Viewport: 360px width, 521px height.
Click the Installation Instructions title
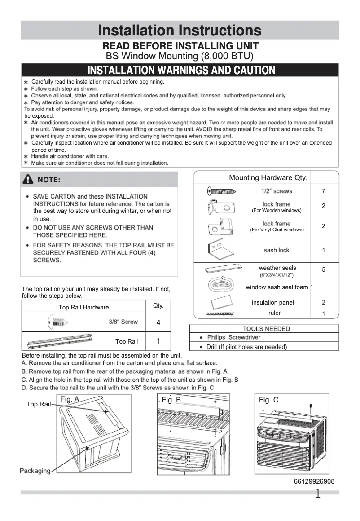[180, 31]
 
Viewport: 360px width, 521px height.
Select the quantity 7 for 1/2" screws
[324, 191]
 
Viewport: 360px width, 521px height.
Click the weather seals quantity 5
[324, 270]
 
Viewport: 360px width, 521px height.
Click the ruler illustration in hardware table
[220, 313]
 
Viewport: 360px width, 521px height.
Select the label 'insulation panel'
[272, 303]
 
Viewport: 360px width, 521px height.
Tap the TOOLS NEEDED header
[266, 329]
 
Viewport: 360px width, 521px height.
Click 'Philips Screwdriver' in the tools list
[233, 337]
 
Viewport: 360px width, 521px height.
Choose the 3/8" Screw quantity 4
[158, 323]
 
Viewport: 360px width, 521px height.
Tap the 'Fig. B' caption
[171, 400]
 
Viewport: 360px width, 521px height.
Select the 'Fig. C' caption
[268, 400]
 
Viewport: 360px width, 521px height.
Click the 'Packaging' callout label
[35, 471]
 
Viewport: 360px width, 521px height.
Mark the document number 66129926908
[314, 481]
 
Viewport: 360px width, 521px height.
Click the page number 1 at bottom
[318, 495]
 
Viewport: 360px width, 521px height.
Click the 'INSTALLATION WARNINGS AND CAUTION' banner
[181, 70]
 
